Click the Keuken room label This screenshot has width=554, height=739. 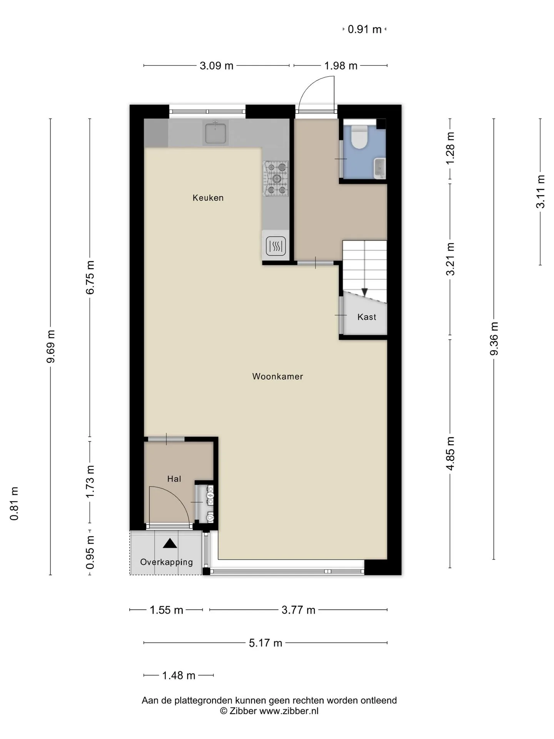click(208, 198)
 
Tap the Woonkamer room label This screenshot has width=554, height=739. click(277, 376)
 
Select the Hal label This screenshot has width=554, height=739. click(174, 479)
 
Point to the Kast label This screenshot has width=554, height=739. click(367, 317)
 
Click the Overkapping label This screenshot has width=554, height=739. click(166, 562)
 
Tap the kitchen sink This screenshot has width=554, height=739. click(215, 132)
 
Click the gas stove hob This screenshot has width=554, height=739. click(276, 178)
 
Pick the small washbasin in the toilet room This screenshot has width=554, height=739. click(380, 168)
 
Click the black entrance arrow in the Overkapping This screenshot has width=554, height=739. click(170, 543)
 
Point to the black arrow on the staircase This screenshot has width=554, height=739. click(364, 293)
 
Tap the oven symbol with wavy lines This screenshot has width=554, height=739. click(276, 246)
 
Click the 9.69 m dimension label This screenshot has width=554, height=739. click(50, 346)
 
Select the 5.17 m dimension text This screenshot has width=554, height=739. click(265, 643)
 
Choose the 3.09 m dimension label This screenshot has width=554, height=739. click(217, 66)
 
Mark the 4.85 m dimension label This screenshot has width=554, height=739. click(450, 453)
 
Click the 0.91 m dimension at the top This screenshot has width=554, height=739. click(365, 29)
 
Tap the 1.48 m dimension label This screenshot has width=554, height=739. click(179, 675)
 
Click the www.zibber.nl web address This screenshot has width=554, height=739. click(289, 711)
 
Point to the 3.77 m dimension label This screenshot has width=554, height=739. click(299, 610)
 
